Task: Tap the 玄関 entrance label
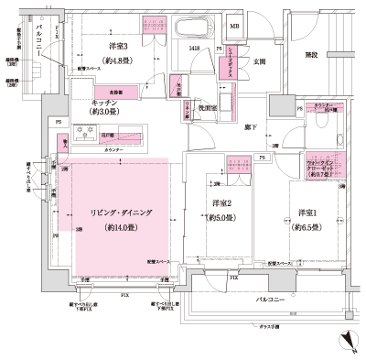coord(259,62)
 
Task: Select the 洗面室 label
coord(208,108)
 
